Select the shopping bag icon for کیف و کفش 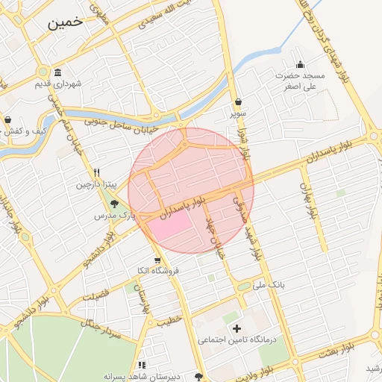(x=7, y=120)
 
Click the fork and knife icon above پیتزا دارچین (x=97, y=172)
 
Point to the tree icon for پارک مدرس (x=115, y=203)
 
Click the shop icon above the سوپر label (x=238, y=102)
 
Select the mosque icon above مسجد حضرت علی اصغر (x=300, y=65)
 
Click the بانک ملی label (x=270, y=284)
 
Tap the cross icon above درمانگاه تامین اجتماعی (x=237, y=328)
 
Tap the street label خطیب (x=169, y=321)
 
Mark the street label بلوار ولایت (x=274, y=368)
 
